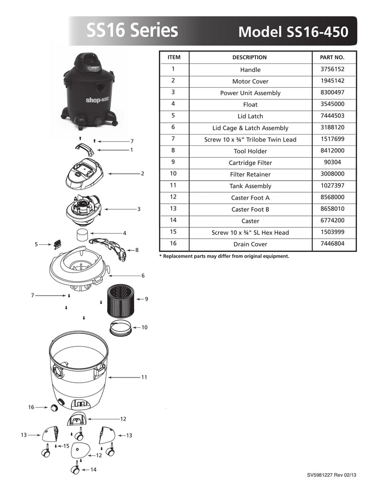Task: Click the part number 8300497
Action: [332, 92]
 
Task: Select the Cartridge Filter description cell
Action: [250, 163]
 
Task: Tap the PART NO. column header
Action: [332, 57]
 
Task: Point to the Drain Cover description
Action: [250, 244]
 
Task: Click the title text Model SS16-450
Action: [293, 32]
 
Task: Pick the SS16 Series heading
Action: [132, 30]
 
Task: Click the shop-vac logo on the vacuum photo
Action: [97, 99]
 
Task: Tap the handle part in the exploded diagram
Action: [84, 149]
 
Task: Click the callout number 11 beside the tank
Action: [144, 377]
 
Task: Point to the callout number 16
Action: [31, 407]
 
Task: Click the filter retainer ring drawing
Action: [120, 328]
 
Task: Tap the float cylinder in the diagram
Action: [82, 234]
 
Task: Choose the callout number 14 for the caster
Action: [93, 469]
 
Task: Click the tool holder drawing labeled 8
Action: [109, 249]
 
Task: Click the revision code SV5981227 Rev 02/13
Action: [332, 475]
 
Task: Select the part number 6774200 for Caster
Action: [332, 221]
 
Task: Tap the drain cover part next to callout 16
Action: [55, 408]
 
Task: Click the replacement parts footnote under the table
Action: [224, 256]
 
